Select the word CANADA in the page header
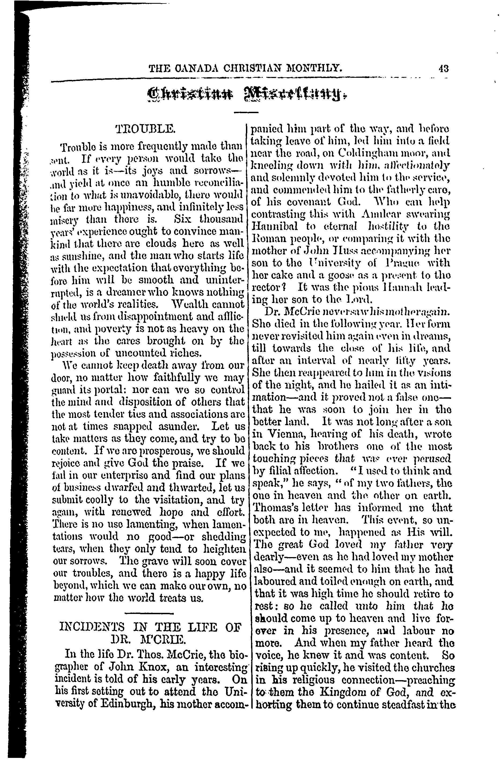[192, 69]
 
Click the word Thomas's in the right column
[272, 508]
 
